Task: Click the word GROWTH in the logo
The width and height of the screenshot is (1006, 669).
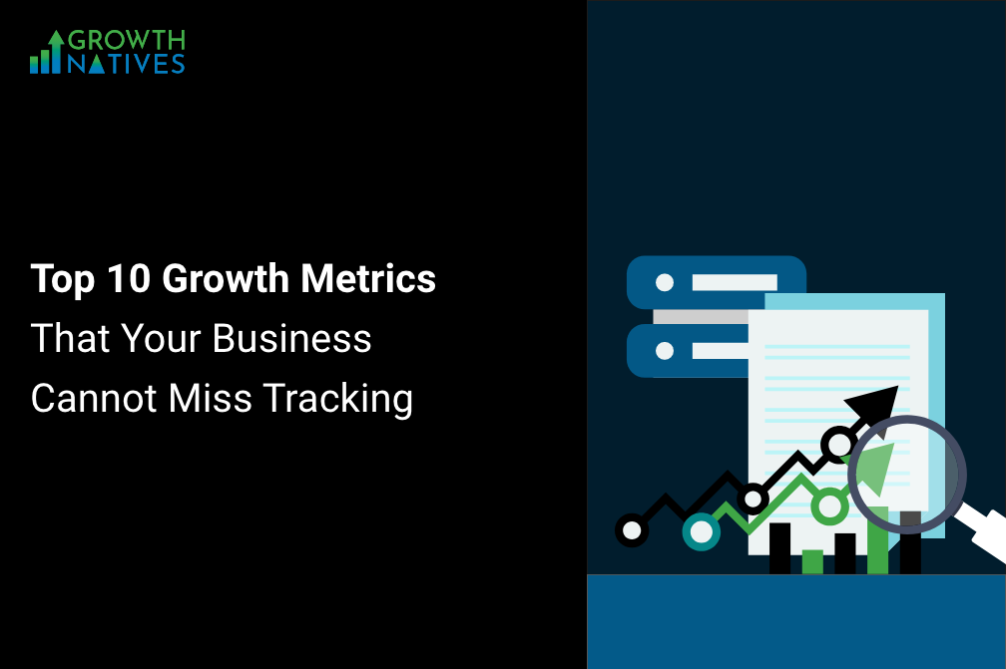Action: (x=127, y=40)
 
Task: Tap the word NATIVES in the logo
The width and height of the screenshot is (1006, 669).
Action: (x=127, y=64)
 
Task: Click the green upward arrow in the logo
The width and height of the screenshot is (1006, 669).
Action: (x=56, y=51)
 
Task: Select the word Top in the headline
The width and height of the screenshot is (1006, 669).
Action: (x=63, y=279)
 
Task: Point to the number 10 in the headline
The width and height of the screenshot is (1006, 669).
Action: (x=129, y=278)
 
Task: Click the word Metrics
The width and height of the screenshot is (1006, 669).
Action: (x=368, y=278)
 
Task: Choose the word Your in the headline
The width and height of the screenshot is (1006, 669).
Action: (x=161, y=338)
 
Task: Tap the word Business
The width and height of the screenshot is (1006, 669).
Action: (x=291, y=338)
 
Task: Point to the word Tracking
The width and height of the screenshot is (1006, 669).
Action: (x=338, y=399)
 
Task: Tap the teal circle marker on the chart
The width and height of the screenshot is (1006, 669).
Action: (x=702, y=531)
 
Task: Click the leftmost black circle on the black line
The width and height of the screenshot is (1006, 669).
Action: (x=632, y=530)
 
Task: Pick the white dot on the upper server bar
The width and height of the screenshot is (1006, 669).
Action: (x=665, y=282)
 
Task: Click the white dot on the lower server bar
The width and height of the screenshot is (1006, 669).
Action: (x=665, y=351)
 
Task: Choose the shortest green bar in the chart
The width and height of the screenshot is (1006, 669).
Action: (x=812, y=561)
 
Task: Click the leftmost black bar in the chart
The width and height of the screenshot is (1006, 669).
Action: (x=780, y=548)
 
